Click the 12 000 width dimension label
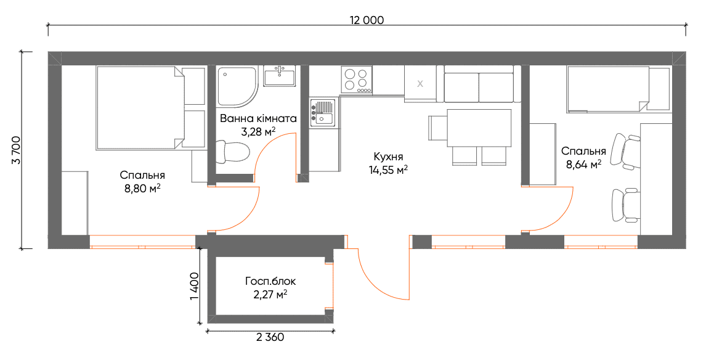[367, 20]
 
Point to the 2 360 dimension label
[270, 337]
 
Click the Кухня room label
[388, 157]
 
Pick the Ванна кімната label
[259, 119]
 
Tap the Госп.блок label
[270, 282]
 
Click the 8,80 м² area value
[142, 189]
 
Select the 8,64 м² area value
[583, 164]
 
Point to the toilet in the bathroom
[232, 152]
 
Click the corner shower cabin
[237, 86]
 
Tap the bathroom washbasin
[280, 76]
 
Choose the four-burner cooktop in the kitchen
[357, 80]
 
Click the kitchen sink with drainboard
[322, 113]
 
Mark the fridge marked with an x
[420, 83]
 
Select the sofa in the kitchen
[479, 84]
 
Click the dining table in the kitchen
[479, 128]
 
